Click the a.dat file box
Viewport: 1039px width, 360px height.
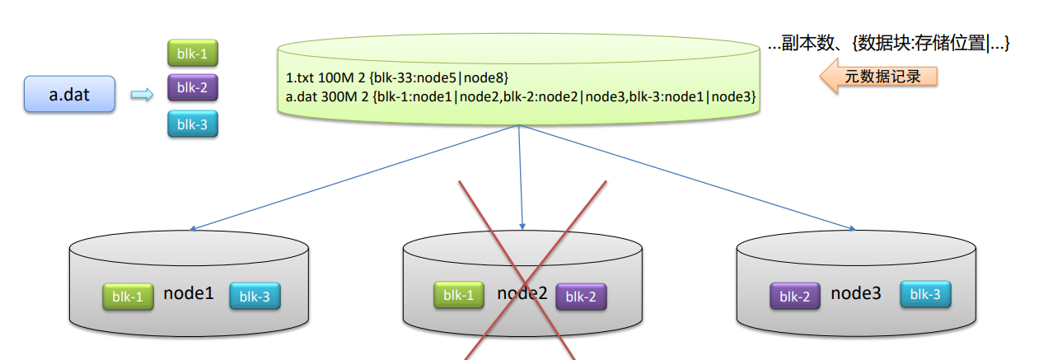69,95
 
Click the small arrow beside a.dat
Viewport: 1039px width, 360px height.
143,96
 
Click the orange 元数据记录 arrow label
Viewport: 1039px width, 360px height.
879,77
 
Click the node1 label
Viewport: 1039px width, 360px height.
189,293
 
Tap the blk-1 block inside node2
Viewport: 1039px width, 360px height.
459,296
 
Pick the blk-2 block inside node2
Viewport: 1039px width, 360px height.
582,297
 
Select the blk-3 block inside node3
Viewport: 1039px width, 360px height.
925,294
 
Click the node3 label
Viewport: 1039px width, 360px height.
856,293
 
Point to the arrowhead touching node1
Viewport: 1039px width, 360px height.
192,229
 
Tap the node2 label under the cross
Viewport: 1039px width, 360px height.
522,293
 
